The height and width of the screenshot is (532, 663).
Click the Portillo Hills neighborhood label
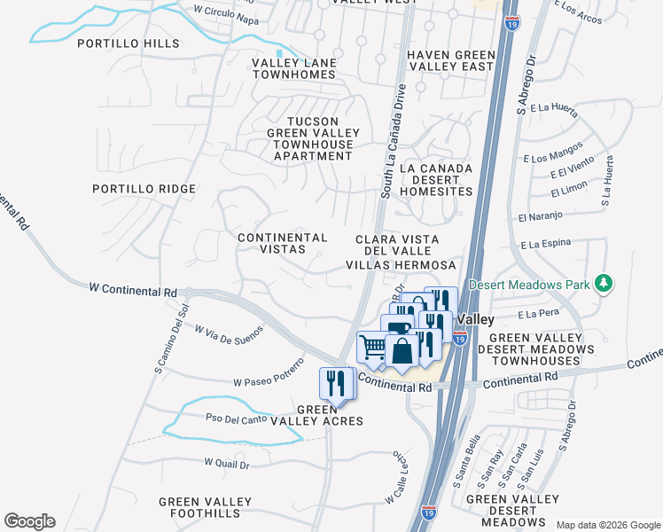pos(129,43)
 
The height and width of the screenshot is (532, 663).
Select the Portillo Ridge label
pos(144,189)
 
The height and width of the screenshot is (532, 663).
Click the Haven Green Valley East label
pos(450,61)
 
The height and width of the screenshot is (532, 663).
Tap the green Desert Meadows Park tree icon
pos(604,284)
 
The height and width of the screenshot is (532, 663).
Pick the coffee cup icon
pos(399,326)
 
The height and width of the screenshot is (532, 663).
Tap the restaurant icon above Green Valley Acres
pos(334,383)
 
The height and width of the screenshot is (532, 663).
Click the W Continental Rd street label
pos(133,289)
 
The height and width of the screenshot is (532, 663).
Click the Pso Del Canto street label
pos(236,419)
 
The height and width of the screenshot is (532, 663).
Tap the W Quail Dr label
pos(227,463)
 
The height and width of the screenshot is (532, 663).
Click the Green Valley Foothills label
pos(200,507)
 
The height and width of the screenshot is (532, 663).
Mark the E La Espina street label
pos(543,243)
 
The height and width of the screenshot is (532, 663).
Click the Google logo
pos(29,521)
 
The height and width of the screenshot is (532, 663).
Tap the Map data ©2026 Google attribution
pos(608,525)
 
